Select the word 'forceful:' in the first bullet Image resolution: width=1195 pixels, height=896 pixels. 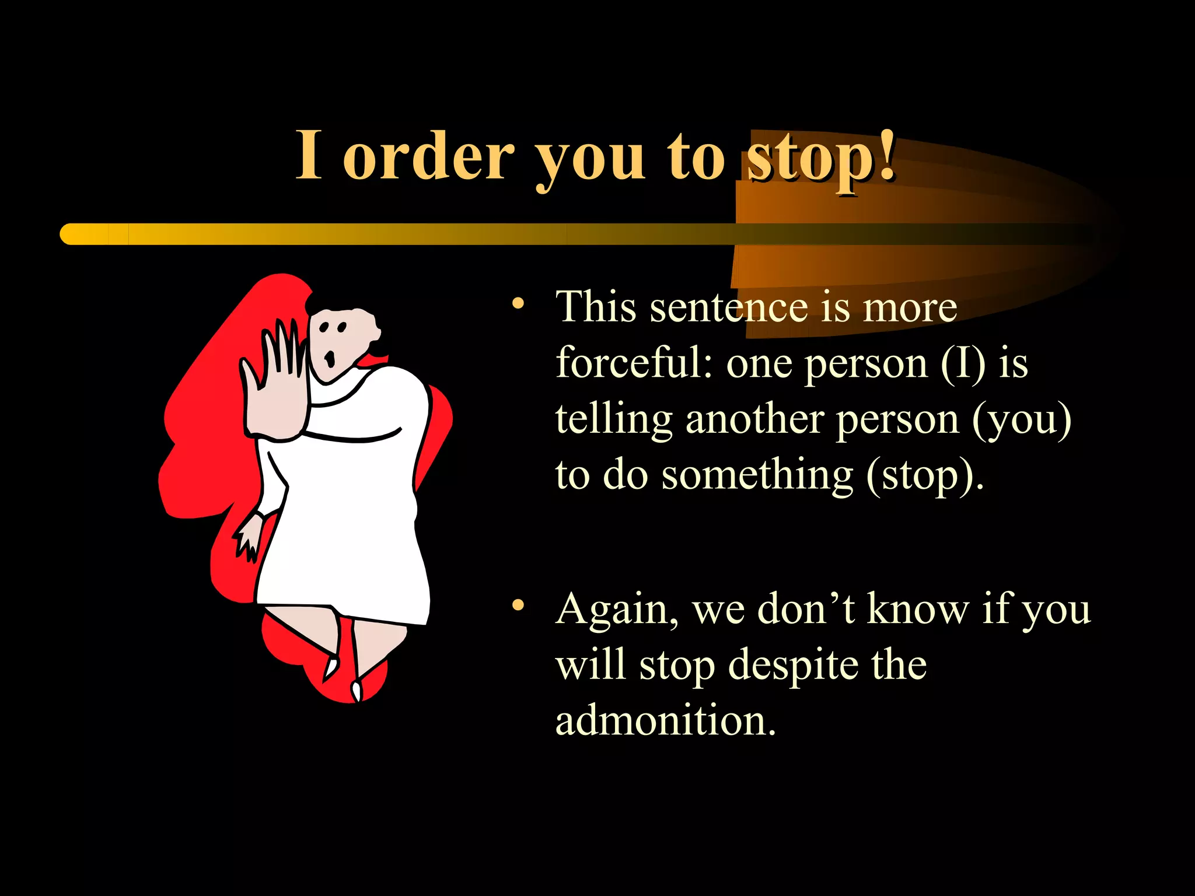point(633,363)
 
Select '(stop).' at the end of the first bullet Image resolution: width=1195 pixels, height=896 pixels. point(925,476)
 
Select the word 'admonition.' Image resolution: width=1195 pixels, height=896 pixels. point(665,721)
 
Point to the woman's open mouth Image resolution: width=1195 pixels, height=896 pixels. point(330,358)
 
